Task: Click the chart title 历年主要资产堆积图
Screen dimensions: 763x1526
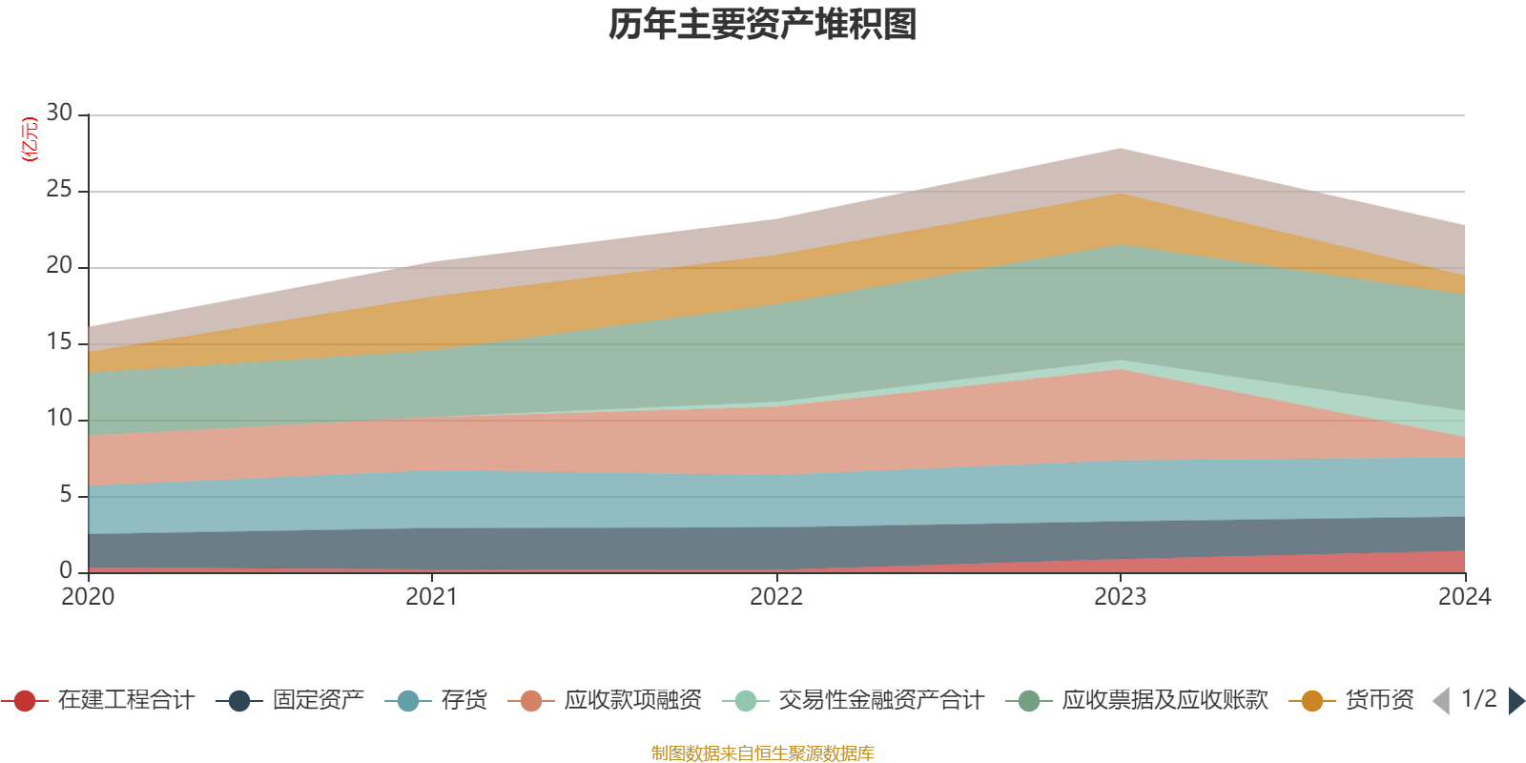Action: pos(763,25)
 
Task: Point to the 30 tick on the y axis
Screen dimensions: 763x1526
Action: pos(59,113)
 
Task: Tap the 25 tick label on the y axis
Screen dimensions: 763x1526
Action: pos(59,190)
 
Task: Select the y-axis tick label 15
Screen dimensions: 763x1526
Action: pos(59,342)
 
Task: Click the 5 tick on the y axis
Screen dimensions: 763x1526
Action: pos(66,495)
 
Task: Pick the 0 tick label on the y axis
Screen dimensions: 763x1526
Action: pos(66,570)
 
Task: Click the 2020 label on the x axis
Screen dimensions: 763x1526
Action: pos(88,597)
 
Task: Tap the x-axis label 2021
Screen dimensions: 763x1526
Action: pos(432,597)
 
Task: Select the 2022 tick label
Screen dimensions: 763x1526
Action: pos(776,597)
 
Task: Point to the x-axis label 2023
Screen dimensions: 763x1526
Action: pos(1120,597)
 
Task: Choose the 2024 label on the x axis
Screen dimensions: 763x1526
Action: pos(1464,597)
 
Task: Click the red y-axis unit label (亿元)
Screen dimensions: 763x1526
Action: pos(30,139)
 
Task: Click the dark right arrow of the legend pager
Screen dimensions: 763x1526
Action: pos(1516,701)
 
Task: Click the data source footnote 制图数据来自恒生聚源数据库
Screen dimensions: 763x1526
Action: pos(763,753)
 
